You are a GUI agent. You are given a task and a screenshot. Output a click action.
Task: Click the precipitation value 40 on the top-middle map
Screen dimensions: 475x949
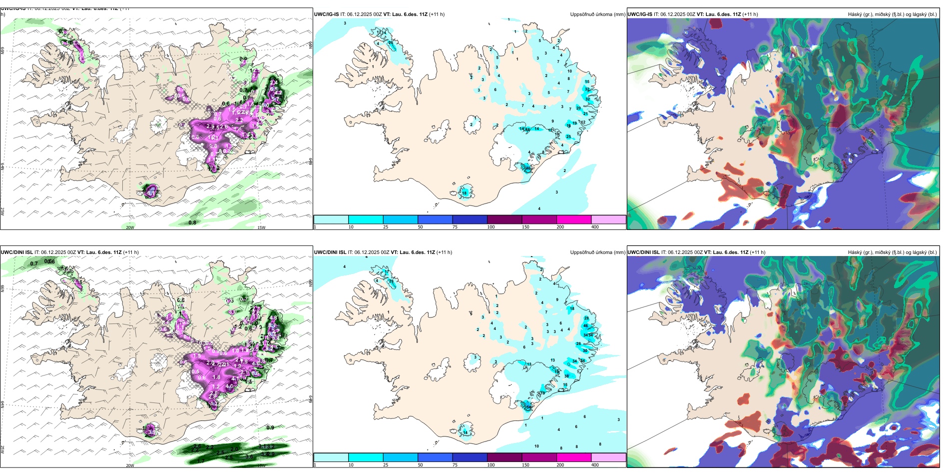(528, 168)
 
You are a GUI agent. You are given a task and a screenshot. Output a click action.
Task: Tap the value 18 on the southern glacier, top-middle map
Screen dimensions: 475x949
(465, 193)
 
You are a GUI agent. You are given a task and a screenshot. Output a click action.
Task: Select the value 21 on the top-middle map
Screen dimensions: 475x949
(585, 114)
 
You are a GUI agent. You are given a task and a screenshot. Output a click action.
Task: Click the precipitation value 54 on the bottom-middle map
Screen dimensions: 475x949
(529, 407)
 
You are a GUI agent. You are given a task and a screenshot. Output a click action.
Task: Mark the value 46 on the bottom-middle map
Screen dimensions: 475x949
(586, 325)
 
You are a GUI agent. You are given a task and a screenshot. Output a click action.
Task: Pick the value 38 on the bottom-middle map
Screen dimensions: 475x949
(566, 376)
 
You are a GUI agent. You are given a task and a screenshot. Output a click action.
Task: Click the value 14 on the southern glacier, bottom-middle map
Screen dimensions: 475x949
(465, 432)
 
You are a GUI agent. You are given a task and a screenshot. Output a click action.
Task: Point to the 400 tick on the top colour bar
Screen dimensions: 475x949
(595, 227)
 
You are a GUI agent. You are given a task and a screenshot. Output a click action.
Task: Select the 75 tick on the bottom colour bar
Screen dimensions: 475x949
(455, 465)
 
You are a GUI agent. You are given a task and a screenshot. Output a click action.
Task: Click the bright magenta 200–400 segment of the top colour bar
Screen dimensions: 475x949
(574, 219)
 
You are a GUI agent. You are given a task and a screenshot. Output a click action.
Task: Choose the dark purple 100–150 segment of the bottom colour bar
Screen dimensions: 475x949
(504, 457)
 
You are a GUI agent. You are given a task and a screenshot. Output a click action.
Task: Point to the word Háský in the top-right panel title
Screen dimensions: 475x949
(855, 14)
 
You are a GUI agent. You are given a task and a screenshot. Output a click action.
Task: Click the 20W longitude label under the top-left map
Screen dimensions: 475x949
(130, 227)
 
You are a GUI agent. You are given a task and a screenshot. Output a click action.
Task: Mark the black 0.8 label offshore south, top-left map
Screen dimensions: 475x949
(192, 222)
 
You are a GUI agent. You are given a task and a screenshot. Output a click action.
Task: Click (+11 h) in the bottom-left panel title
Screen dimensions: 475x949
(131, 252)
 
